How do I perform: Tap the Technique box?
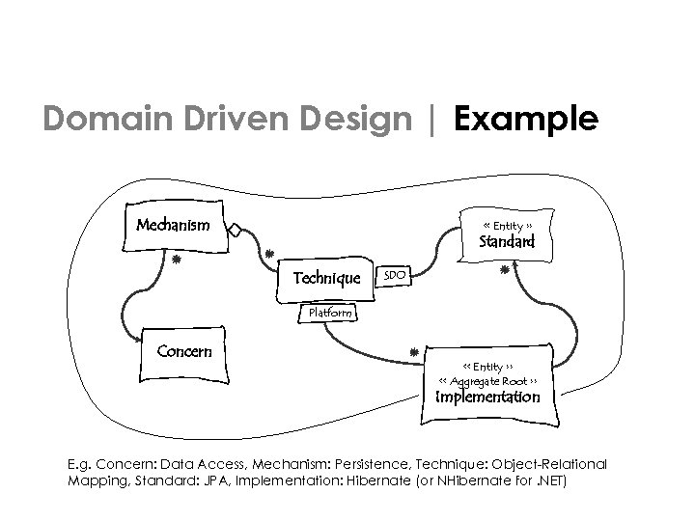point(325,277)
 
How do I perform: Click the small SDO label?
point(394,276)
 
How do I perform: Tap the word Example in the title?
point(526,119)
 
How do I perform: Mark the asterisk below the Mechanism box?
point(175,260)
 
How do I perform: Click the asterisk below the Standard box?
point(504,273)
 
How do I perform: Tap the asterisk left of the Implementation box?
point(412,354)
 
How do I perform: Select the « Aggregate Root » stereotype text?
point(488,381)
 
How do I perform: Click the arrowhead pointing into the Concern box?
point(136,333)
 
